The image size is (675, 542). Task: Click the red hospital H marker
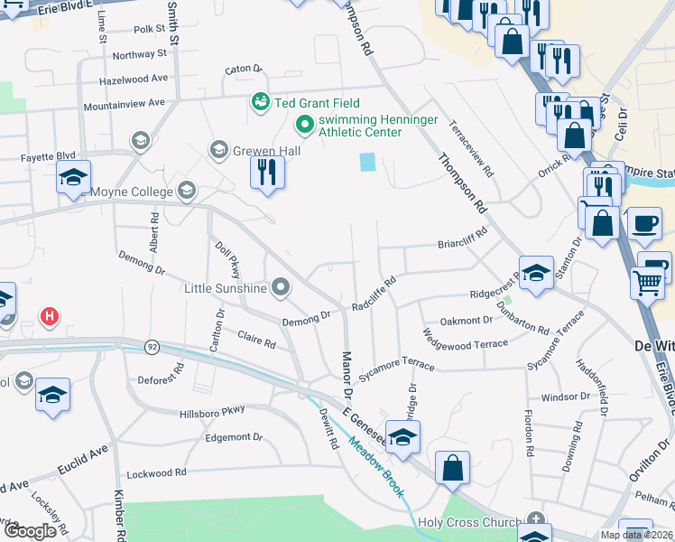tap(51, 316)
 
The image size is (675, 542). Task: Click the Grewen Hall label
tap(266, 150)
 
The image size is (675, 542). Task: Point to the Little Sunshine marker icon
tap(282, 288)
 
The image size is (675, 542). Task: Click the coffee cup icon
tap(643, 223)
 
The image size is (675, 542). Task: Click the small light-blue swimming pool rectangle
tap(367, 162)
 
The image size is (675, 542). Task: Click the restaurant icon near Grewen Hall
tap(266, 172)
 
